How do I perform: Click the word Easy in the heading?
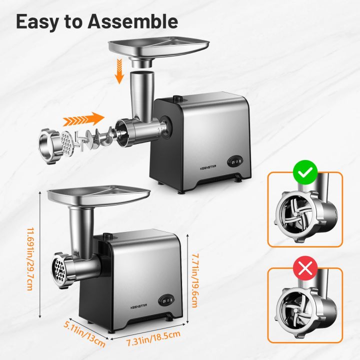click(36, 21)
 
